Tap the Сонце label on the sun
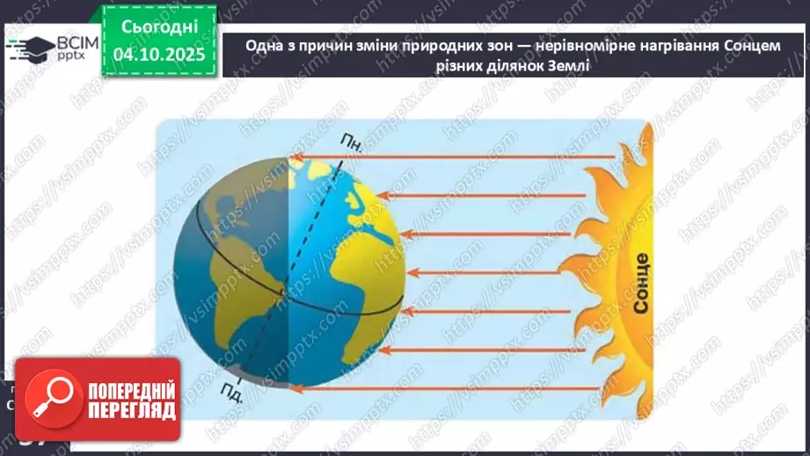point(640,283)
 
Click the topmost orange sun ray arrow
point(453,158)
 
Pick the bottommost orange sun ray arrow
point(453,387)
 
